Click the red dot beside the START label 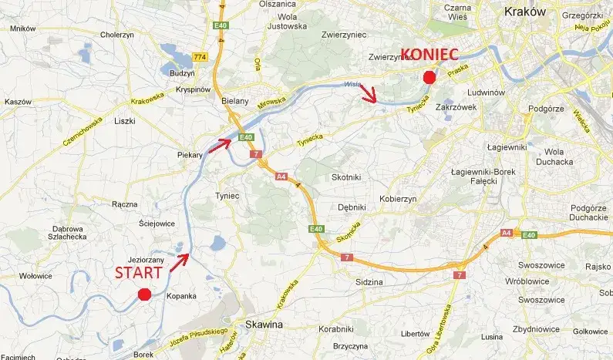coord(143,294)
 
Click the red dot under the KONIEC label coord(429,76)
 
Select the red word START coord(140,272)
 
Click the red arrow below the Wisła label coord(370,94)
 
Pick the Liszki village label coord(124,121)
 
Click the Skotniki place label coord(345,177)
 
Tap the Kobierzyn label coord(398,199)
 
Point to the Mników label coord(23,29)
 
